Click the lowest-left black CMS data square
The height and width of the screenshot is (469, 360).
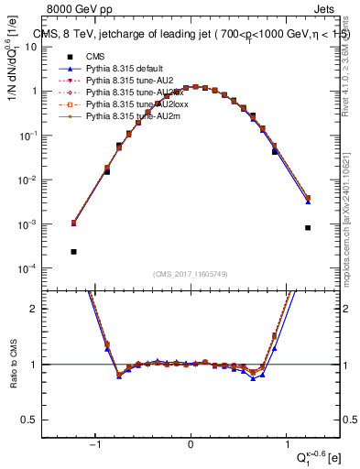point(73,251)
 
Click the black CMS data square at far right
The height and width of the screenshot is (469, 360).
point(308,228)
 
